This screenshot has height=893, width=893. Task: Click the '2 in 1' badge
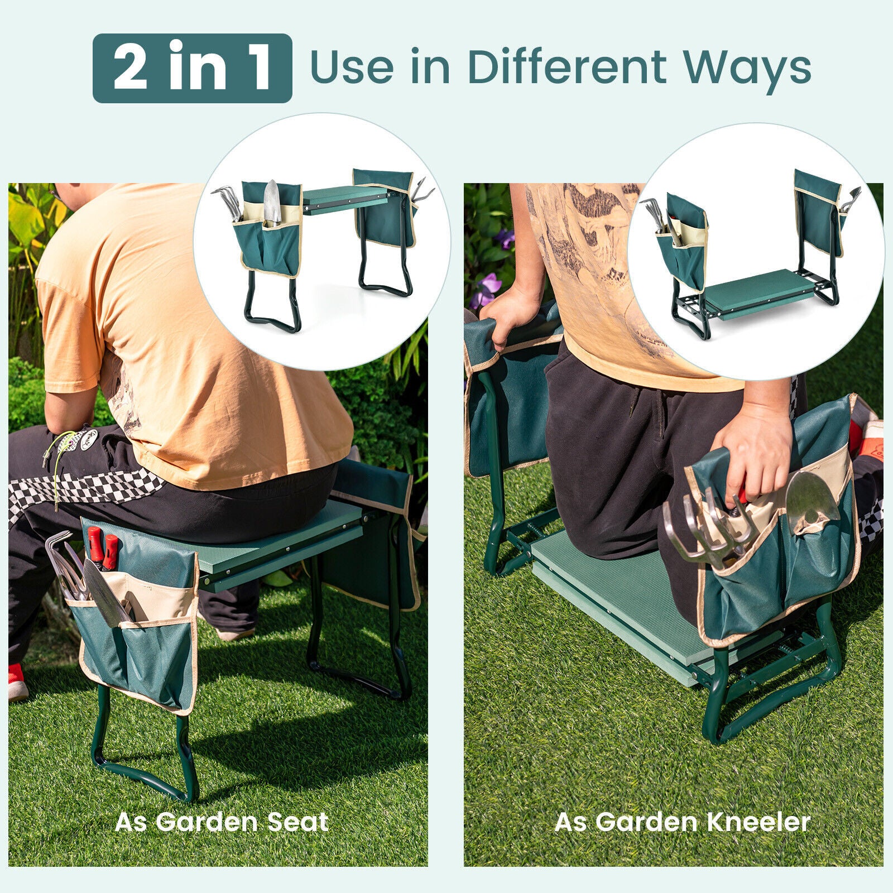point(192,68)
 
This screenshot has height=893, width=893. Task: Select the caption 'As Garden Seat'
point(222,822)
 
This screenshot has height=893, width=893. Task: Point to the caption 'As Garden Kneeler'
point(682,822)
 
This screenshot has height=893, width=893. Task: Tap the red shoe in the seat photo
point(17,681)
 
